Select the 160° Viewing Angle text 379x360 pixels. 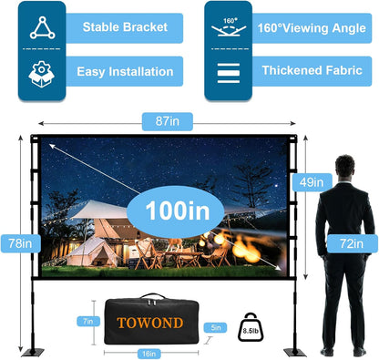pos(312,26)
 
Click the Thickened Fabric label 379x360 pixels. pos(311,71)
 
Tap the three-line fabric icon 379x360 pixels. pos(227,71)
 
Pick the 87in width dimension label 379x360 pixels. pos(157,119)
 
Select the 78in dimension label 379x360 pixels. pos(20,243)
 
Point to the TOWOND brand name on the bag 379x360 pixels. pos(149,322)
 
